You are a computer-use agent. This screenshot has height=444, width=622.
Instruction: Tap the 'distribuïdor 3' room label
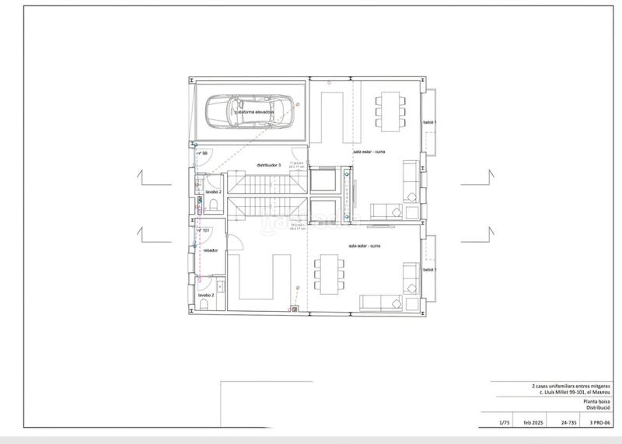268,165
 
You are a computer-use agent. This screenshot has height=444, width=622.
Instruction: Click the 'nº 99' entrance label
201,154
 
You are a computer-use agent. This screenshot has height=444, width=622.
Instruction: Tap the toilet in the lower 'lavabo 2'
203,306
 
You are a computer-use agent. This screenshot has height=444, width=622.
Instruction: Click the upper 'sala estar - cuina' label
369,152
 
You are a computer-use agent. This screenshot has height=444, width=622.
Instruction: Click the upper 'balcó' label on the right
428,123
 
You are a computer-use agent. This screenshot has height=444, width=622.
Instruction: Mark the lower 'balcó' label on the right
428,269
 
